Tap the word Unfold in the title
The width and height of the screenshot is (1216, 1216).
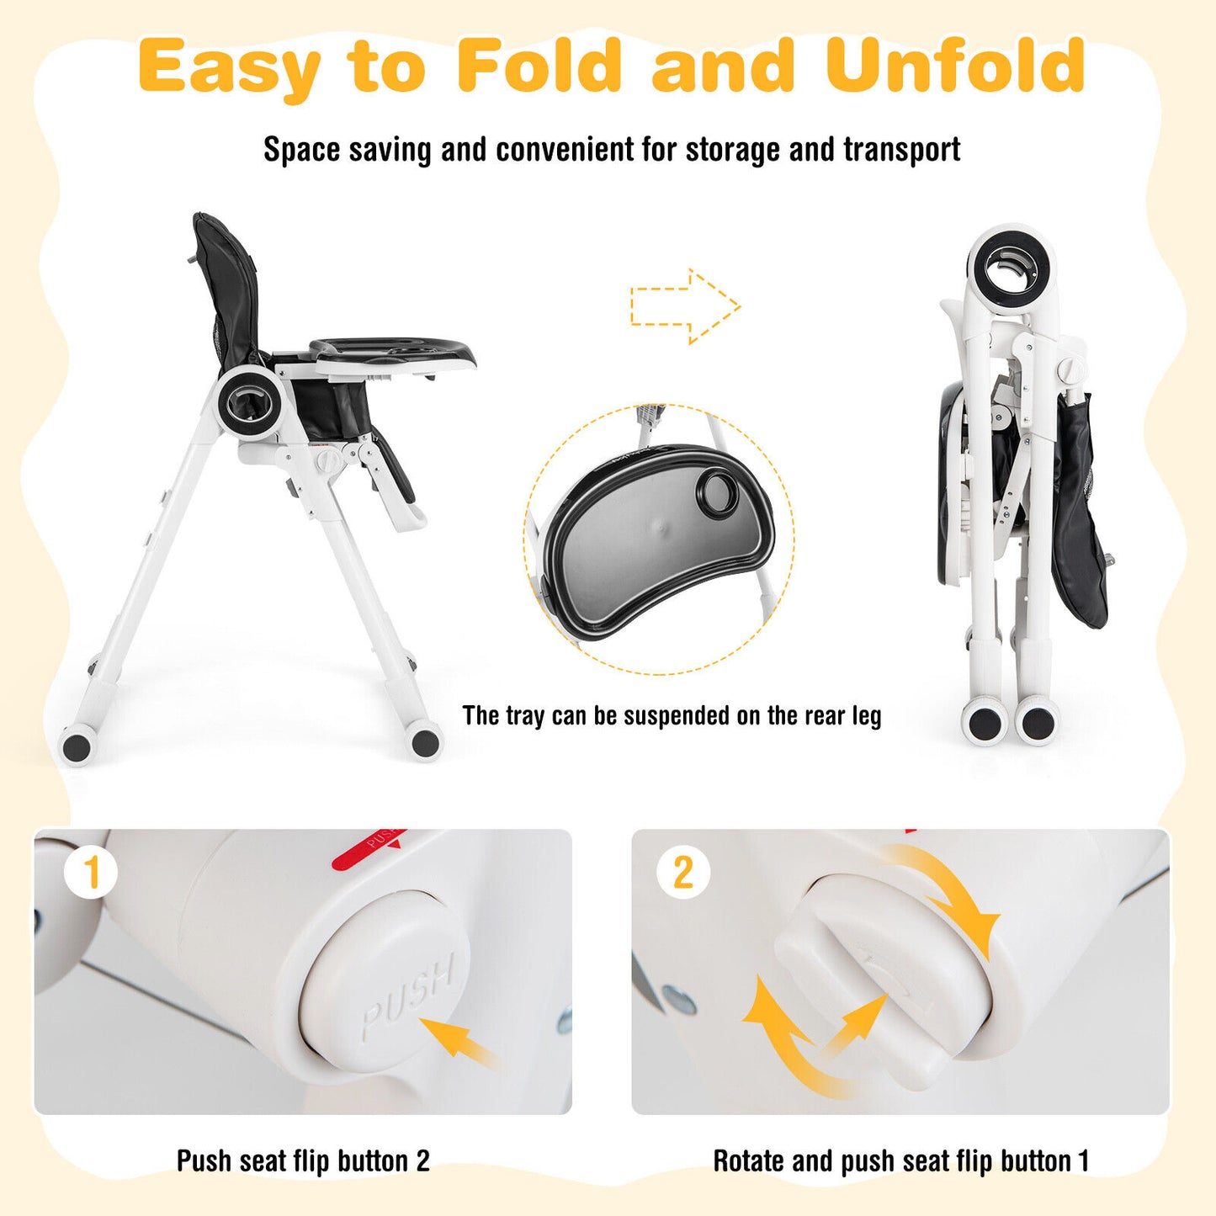point(955,66)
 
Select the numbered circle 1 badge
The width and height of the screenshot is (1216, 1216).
point(91,873)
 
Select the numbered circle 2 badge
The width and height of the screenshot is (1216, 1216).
point(683,873)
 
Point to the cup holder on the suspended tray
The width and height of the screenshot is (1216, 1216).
point(718,490)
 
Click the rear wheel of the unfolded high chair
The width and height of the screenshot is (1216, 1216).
point(77,746)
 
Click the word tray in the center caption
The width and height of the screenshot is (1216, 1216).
point(524,715)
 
